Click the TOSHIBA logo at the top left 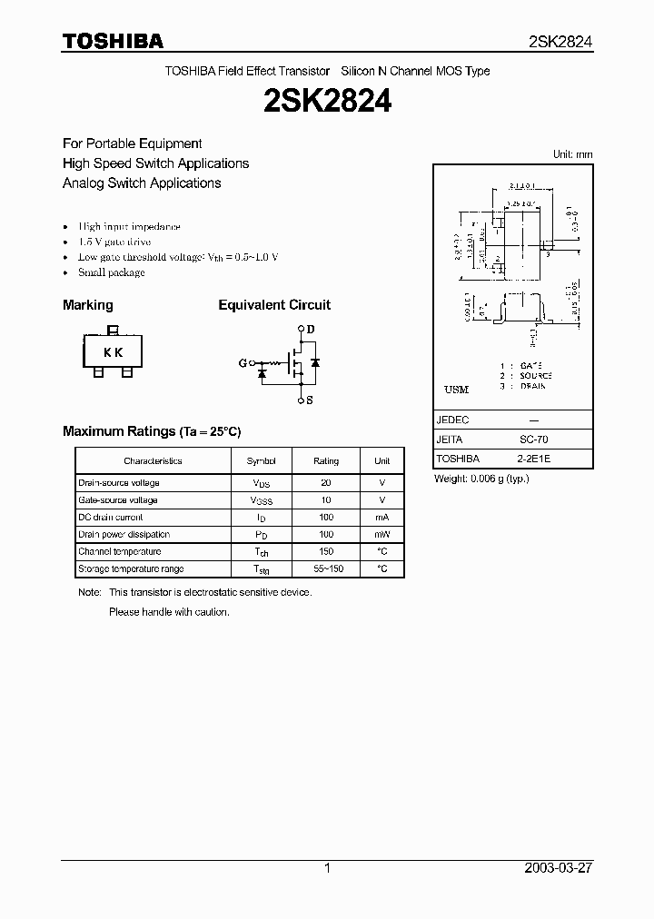113,41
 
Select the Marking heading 88,305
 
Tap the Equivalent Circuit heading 274,305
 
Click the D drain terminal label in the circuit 310,329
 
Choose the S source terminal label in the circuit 310,400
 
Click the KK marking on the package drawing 113,353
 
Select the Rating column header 326,461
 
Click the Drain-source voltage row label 119,483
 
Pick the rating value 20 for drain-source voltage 326,483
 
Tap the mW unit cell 382,535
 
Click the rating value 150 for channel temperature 326,552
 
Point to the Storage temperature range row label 131,569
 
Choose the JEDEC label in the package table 452,420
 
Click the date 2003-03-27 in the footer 558,868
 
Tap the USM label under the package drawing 456,390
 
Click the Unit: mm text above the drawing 572,154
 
